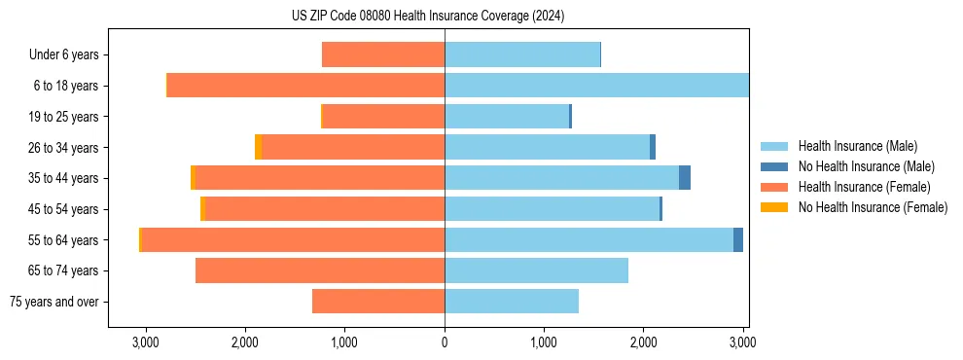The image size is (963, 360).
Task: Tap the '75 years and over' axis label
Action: (x=54, y=302)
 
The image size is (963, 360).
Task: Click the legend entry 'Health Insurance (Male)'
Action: (x=857, y=146)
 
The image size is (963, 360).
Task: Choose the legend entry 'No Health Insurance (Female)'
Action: (x=873, y=207)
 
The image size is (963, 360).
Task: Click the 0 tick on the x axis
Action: (x=445, y=343)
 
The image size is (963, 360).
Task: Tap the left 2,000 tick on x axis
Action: (x=245, y=343)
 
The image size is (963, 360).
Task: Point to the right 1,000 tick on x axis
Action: (x=544, y=343)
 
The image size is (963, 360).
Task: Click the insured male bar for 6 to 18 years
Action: (x=596, y=86)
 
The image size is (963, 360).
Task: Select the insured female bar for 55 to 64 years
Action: (x=293, y=239)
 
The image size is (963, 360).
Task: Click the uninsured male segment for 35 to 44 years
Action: (x=685, y=178)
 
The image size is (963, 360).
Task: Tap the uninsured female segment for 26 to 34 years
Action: (x=258, y=147)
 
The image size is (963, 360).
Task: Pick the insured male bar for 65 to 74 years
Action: (x=536, y=270)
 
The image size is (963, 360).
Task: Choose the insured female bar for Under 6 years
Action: (x=383, y=55)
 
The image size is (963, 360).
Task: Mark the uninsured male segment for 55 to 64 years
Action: (x=738, y=239)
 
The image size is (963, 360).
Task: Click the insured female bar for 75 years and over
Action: (x=378, y=302)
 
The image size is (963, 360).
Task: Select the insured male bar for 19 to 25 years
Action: (x=507, y=117)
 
